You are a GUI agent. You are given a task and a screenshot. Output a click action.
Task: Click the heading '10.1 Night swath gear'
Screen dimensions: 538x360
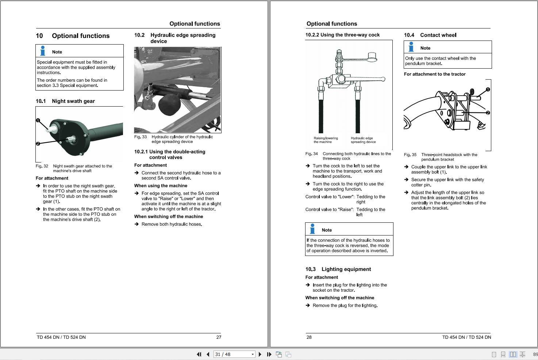[65, 101]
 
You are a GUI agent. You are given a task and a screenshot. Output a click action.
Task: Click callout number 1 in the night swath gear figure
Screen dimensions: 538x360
[38, 120]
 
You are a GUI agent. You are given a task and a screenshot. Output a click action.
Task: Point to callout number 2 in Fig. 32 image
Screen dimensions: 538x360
[38, 144]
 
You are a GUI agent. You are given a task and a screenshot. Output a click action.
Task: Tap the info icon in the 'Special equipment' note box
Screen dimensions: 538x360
[43, 51]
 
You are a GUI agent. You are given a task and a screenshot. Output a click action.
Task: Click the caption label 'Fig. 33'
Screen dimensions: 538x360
[141, 137]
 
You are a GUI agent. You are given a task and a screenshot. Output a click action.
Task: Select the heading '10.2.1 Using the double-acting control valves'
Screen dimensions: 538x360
[170, 154]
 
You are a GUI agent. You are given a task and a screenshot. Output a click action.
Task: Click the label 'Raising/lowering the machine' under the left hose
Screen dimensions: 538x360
[326, 140]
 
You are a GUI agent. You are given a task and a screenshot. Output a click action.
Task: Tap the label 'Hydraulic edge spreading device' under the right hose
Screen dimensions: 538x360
[363, 140]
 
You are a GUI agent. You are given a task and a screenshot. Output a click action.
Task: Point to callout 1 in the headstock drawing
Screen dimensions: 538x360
[488, 90]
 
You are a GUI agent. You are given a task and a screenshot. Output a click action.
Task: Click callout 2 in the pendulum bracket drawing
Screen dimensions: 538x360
[488, 113]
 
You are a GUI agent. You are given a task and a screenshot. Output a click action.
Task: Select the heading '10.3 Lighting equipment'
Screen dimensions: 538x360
[338, 269]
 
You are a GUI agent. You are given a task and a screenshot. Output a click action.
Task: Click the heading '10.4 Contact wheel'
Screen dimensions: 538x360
[430, 35]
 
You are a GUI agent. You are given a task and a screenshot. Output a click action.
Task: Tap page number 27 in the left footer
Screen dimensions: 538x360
[219, 337]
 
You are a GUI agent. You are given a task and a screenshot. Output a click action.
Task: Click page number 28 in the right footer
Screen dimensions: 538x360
[309, 337]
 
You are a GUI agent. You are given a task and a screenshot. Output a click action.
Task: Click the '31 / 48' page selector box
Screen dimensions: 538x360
[234, 354]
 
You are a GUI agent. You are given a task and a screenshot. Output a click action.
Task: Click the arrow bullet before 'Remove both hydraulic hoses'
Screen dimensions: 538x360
[137, 224]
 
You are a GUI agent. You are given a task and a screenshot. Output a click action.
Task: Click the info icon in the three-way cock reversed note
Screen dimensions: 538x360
[312, 229]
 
